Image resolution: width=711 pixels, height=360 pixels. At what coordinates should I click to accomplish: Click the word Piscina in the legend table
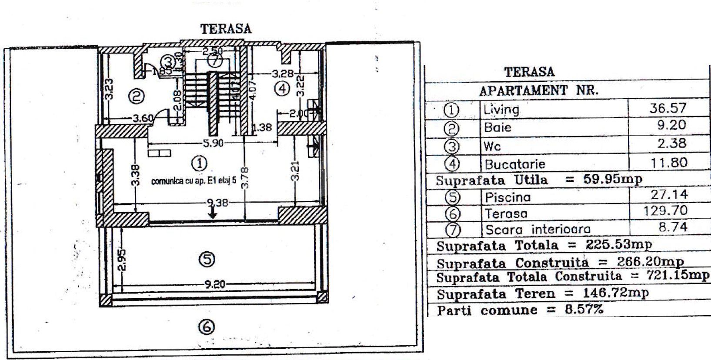coord(508,197)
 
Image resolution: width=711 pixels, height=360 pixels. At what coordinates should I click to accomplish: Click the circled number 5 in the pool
coord(207,259)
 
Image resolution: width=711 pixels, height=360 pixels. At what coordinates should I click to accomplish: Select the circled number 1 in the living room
coord(199,163)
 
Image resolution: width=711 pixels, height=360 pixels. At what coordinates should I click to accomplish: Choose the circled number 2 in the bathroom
coord(136,97)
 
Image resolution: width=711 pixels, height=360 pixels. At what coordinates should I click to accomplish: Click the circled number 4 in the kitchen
coord(282,89)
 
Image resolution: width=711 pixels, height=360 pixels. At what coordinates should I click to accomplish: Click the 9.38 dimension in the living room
coord(217,202)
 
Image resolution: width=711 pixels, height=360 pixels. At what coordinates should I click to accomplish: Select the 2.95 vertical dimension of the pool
coord(122,260)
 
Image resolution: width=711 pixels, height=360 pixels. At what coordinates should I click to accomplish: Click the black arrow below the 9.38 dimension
coord(212,213)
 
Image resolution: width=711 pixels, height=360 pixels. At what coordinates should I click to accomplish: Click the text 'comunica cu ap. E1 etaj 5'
coord(194,181)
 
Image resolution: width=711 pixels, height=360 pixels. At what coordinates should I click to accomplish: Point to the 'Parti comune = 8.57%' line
coord(520,310)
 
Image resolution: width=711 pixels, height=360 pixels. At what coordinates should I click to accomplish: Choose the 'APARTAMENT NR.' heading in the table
coord(538,91)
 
